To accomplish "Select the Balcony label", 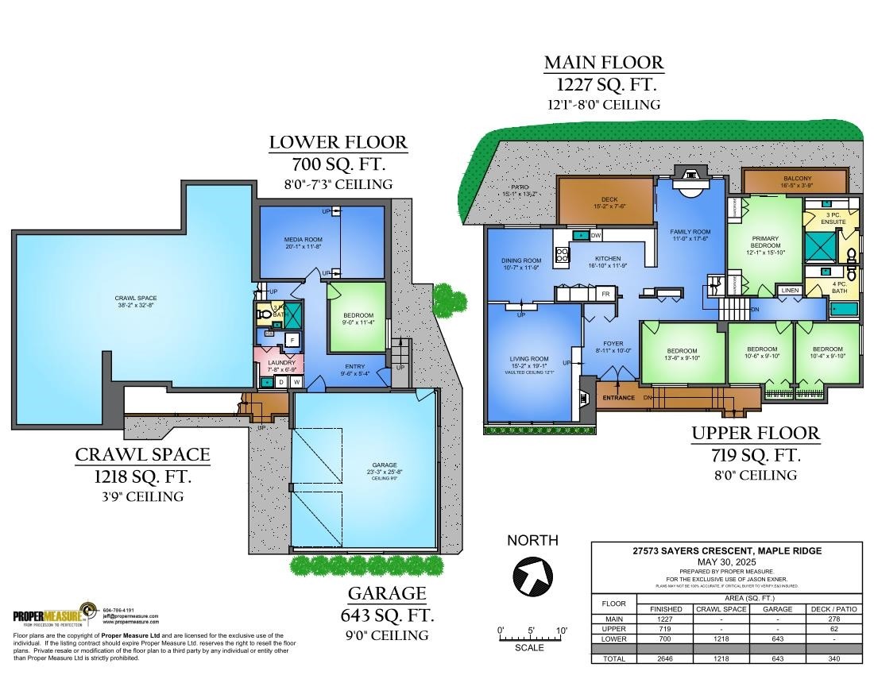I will tap(797, 179).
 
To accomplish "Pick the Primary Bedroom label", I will tap(765, 241).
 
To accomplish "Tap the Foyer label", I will tap(613, 344).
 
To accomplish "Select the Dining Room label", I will tap(520, 260).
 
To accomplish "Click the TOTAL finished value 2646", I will tap(666, 659).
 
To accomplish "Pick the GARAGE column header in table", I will tap(778, 609).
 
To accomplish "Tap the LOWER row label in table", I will tap(613, 638).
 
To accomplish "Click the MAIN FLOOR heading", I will tap(604, 63).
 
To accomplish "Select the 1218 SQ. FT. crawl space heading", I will tap(143, 476).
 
